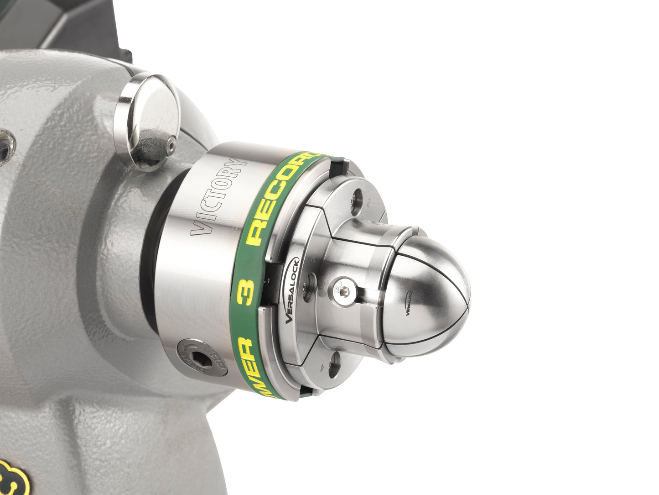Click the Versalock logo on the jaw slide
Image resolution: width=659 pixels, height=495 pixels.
point(292,291)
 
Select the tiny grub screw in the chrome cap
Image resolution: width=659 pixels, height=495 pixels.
point(171,146)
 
